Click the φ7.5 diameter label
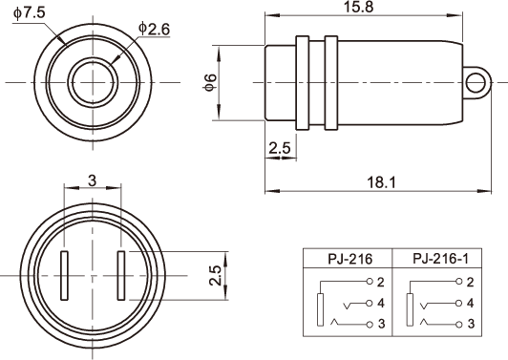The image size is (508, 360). click(x=30, y=13)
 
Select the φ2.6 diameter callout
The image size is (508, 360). click(x=154, y=29)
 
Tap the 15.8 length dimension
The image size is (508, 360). click(x=358, y=7)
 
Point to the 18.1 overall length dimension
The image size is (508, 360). click(x=381, y=182)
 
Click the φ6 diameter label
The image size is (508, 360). click(x=211, y=82)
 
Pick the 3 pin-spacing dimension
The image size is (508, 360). click(x=93, y=180)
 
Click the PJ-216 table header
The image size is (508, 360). click(x=350, y=259)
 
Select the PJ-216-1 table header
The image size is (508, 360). click(x=440, y=259)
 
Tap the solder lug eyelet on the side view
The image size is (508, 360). click(x=476, y=82)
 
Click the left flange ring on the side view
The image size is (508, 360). click(x=303, y=83)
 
